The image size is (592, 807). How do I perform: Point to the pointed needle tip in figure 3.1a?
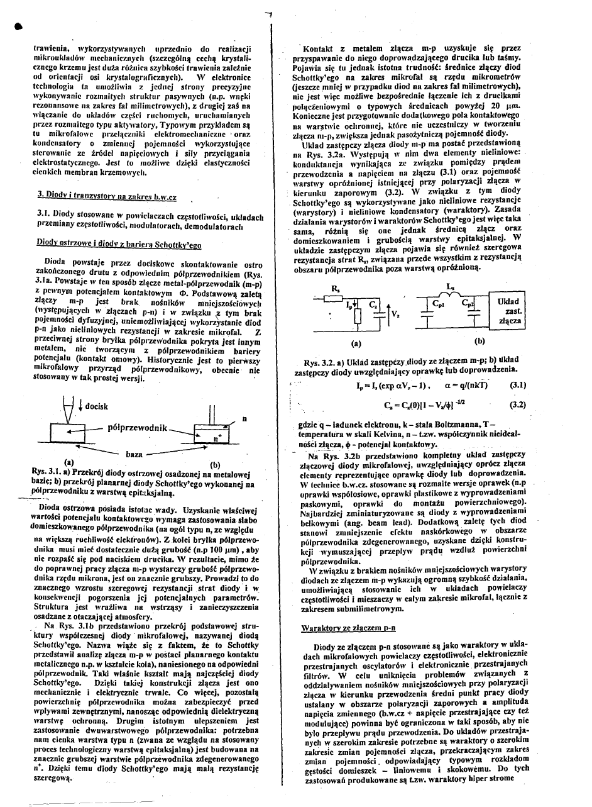pos(65,420)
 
